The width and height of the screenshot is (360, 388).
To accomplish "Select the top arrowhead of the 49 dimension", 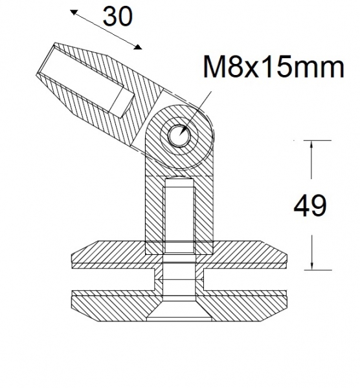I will [x=313, y=145].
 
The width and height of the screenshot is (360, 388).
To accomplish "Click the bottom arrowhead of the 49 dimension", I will [x=313, y=265].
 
